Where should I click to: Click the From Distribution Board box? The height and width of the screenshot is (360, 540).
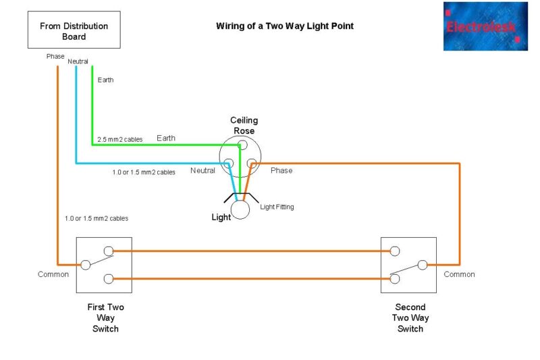pos(74,30)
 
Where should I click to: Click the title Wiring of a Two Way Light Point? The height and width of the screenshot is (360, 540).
pos(284,26)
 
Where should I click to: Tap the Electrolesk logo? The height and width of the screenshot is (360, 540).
pos(485,26)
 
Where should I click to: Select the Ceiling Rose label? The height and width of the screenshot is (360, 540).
pos(244,125)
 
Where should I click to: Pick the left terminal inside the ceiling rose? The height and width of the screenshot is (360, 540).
pos(229,163)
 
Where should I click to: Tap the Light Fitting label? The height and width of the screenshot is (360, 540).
pos(277,207)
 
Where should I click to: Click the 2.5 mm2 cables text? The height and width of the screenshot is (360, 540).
pos(121,139)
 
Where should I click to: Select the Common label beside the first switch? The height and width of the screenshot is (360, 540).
pos(53,274)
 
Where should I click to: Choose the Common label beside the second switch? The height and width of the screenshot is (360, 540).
pos(459,274)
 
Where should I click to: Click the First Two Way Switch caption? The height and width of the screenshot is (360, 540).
pos(105,317)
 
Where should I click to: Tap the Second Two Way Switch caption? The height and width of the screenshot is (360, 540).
pos(410,317)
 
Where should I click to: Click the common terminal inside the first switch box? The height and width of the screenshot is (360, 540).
pos(85,265)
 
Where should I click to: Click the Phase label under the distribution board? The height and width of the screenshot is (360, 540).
pos(55,56)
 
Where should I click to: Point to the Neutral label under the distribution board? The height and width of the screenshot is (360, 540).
pos(78,61)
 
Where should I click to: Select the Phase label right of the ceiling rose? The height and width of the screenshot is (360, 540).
pos(281,170)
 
